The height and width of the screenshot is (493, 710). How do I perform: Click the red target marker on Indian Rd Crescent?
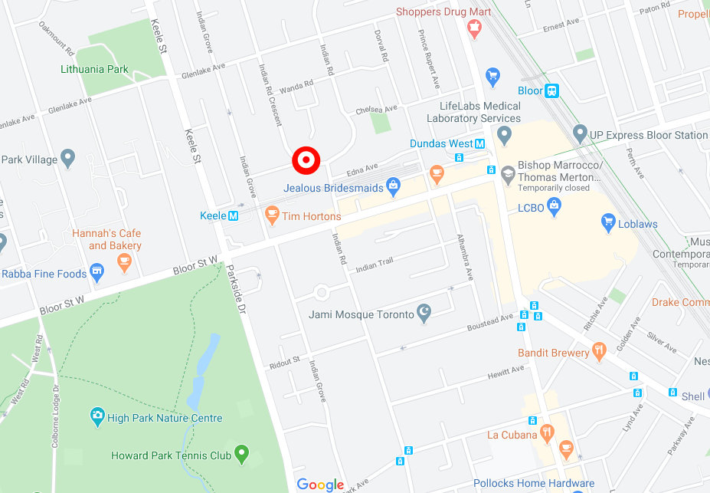click(306, 160)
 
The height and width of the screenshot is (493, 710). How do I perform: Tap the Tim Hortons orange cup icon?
click(271, 215)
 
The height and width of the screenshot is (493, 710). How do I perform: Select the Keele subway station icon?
click(234, 216)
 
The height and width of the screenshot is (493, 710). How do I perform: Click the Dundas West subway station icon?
click(480, 143)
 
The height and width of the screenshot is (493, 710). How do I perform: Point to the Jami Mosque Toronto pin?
click(424, 313)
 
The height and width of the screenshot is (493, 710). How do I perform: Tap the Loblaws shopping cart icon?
click(609, 223)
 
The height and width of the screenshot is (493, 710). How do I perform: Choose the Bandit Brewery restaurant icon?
click(600, 352)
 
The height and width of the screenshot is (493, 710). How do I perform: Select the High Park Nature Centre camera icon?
click(97, 417)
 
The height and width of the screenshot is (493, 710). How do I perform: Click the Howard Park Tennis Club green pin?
click(242, 454)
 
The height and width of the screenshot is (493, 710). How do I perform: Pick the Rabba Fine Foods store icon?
click(97, 272)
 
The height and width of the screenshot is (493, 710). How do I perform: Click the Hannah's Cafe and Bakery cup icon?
click(123, 262)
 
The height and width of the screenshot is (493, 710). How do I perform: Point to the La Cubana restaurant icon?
click(546, 434)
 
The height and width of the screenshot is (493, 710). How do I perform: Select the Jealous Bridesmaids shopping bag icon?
click(393, 186)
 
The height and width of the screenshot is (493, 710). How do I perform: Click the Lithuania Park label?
click(95, 69)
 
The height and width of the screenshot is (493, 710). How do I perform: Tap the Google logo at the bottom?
click(320, 485)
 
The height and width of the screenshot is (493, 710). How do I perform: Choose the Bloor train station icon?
click(551, 90)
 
